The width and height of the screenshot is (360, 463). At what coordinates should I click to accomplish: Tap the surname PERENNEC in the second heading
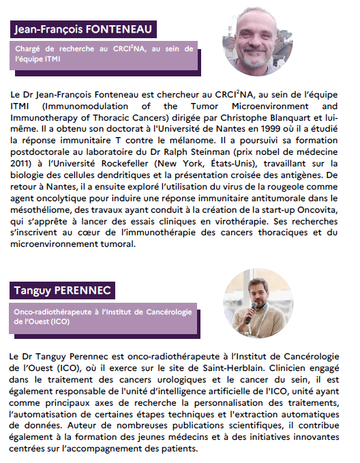coord(87,291)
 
